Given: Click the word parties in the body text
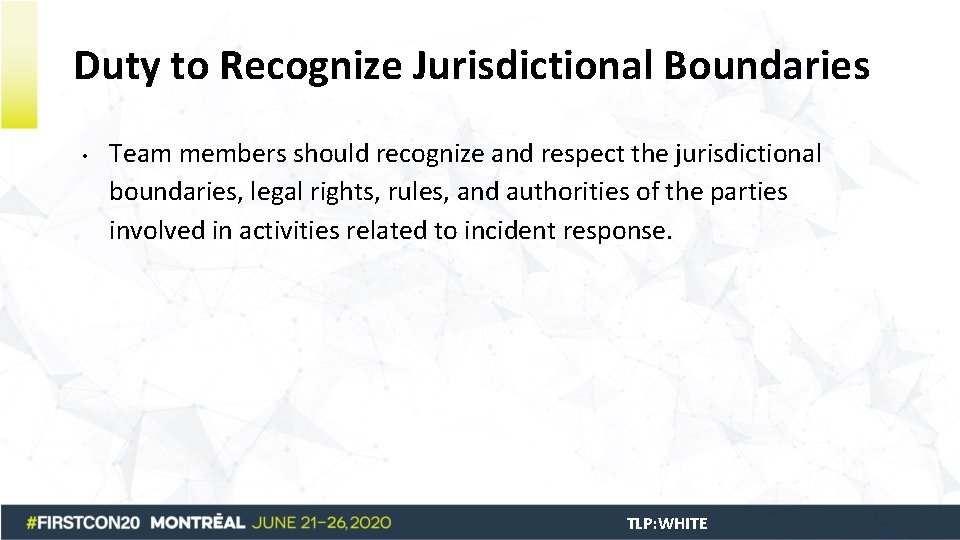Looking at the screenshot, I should pos(749,192).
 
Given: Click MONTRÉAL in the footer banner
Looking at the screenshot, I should pos(200,523).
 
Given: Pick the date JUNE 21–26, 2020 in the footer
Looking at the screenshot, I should pos(322,523).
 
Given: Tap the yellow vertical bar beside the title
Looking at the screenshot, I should pos(19,64).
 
